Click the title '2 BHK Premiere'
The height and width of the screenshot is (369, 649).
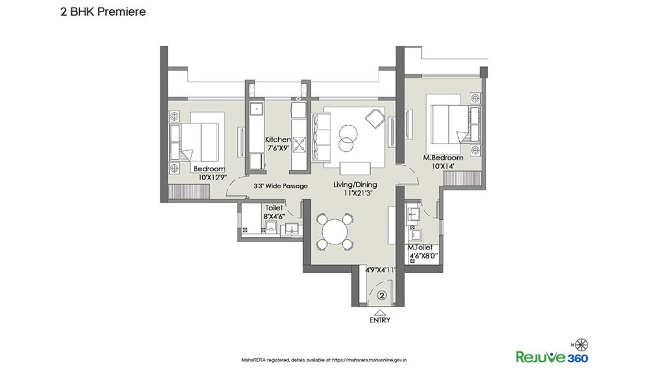point(103,11)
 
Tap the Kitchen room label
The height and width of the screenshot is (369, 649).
point(277,140)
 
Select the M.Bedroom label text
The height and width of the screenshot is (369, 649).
point(443,158)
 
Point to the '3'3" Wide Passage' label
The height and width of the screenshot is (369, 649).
point(280,187)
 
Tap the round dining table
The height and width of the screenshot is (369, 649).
point(334,232)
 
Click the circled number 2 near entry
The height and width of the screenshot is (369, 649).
point(381,295)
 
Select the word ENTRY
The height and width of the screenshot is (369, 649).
point(380,320)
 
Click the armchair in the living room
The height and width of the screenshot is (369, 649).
point(373,120)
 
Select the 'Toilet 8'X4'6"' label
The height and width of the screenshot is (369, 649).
point(273,211)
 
